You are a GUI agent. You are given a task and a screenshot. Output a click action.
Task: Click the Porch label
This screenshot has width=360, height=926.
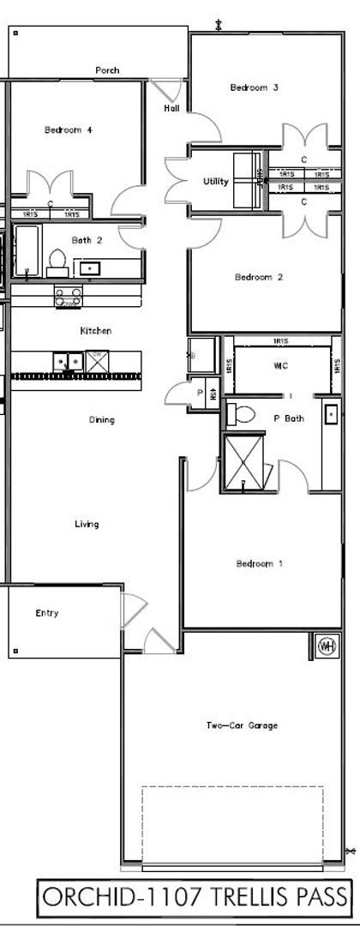click(107, 70)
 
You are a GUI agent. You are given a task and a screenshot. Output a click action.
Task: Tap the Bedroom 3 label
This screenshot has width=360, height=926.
click(254, 87)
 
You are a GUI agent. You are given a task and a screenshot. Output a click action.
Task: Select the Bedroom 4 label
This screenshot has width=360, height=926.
click(68, 130)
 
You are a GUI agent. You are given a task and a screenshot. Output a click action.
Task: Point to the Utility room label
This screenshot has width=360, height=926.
click(215, 182)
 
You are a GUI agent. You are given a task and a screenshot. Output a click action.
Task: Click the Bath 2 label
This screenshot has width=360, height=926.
click(87, 241)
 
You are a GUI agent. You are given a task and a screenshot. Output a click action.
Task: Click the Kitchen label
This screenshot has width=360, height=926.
click(95, 331)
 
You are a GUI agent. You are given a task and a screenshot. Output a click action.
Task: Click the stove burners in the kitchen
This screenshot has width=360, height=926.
click(68, 297)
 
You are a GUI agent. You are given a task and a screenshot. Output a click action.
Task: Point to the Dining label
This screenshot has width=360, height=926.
click(102, 420)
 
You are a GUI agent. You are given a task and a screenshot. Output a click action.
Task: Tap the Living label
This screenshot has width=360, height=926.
click(87, 524)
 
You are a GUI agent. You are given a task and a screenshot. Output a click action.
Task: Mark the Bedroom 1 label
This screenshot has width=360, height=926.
click(258, 563)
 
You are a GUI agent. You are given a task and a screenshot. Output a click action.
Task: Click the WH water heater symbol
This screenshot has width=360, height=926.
click(327, 646)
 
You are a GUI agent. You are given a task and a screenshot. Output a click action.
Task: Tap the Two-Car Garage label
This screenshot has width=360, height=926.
click(241, 726)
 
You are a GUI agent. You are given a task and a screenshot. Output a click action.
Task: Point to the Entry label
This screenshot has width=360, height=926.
click(47, 613)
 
